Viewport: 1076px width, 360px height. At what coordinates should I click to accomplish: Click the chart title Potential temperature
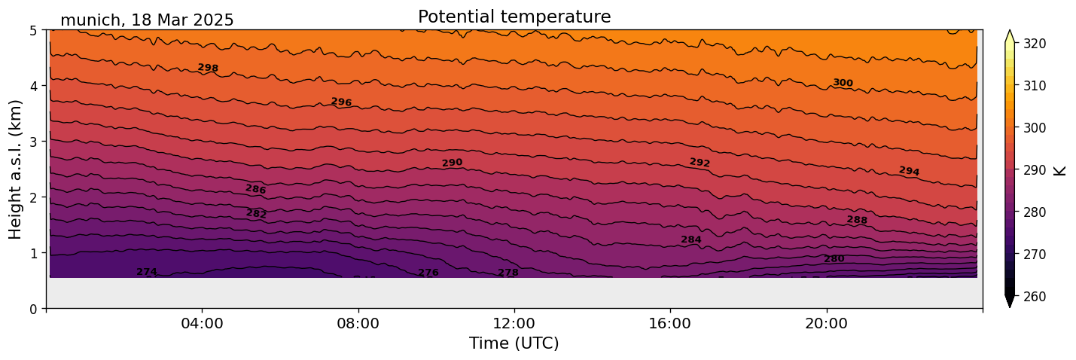[x=514, y=17]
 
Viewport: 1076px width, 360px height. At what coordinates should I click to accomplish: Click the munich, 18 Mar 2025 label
[x=147, y=20]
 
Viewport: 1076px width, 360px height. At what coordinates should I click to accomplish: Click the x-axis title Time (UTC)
[x=514, y=344]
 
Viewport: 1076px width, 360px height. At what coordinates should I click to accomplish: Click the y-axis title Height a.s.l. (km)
[x=17, y=169]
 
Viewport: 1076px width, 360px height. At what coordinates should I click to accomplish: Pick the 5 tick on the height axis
[x=35, y=30]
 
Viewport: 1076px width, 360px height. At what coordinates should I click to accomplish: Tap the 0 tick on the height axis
[x=35, y=309]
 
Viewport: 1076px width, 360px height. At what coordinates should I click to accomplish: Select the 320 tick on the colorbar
[x=1034, y=44]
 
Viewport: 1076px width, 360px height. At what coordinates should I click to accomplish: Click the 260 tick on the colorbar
[x=1034, y=297]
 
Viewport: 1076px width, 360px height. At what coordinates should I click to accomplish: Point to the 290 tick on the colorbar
[x=1034, y=170]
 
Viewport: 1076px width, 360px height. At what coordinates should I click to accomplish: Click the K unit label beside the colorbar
[x=1061, y=170]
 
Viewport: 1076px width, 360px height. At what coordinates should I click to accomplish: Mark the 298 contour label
[x=208, y=68]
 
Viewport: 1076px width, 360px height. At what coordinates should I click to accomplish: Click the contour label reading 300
[x=843, y=83]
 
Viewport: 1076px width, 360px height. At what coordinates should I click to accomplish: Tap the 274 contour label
[x=147, y=272]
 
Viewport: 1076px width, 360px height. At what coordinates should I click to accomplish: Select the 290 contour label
[x=452, y=163]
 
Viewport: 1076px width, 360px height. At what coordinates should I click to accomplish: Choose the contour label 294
[x=909, y=171]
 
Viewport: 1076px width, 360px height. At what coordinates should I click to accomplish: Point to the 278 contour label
[x=508, y=273]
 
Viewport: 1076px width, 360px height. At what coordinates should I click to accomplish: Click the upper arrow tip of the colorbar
[x=1010, y=32]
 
